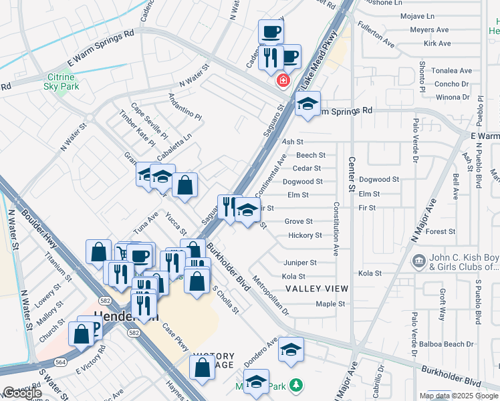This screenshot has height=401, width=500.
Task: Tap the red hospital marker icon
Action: coord(283,81)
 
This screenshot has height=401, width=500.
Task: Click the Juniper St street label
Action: coord(299,263)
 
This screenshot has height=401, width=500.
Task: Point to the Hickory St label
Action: coord(305,235)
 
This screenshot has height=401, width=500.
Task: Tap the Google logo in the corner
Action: coord(22,393)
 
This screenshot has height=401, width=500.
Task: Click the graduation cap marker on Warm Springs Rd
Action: coord(307,104)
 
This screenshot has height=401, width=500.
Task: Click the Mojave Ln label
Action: coord(417,16)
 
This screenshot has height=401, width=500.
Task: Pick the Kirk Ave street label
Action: coord(437,43)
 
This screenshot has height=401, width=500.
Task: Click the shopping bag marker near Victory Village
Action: coord(202,368)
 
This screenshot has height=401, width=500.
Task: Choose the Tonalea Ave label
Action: coord(453,71)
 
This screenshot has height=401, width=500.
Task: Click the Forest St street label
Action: coord(440,232)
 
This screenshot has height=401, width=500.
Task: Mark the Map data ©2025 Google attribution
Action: coord(459,396)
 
